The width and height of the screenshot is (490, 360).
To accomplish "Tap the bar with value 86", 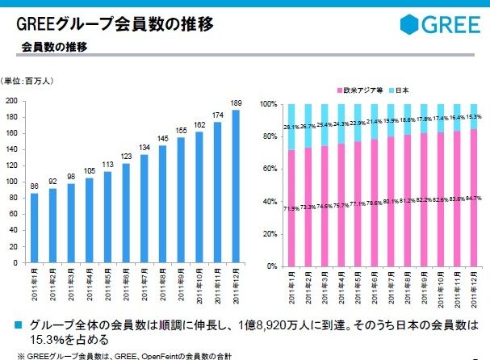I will coord(35,228).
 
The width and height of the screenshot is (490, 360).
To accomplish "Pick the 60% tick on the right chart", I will coord(270,169).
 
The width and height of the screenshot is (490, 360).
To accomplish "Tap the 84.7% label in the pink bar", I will coord(474,198).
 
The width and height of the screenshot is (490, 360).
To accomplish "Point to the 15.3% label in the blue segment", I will coord(474,117).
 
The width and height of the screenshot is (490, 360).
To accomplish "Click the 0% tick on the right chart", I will coord(271,266).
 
